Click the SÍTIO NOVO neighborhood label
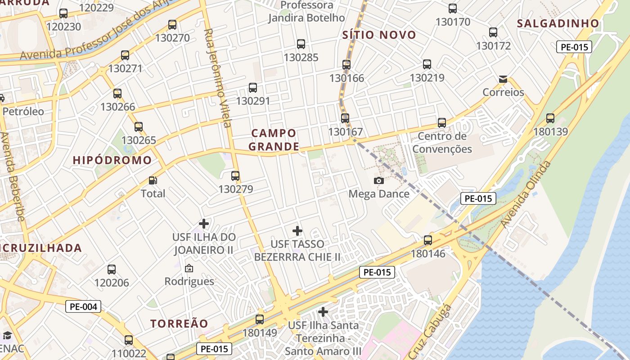(379, 35)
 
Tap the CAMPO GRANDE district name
(274, 139)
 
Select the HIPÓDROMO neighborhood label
(112, 160)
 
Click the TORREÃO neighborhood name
(179, 324)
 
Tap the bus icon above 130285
(301, 44)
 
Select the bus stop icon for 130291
(253, 88)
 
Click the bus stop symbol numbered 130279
(235, 176)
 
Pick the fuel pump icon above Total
(153, 180)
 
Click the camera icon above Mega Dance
(379, 180)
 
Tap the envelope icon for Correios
(503, 79)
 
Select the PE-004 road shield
(83, 307)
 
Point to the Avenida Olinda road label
(526, 194)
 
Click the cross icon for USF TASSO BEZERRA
(297, 231)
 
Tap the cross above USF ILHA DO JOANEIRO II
(204, 223)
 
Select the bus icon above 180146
(428, 240)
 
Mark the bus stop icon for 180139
(550, 118)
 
